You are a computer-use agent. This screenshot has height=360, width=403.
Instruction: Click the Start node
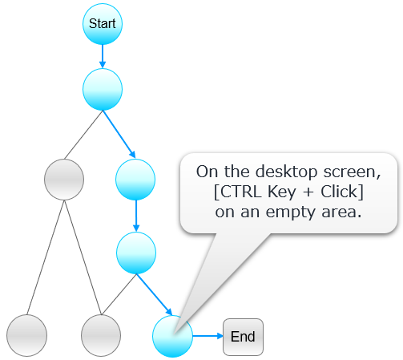coord(103,24)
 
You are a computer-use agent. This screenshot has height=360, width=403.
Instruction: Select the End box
coord(243,336)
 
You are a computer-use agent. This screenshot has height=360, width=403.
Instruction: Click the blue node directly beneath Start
coord(103,90)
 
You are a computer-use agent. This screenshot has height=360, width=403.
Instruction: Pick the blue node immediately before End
coord(172,336)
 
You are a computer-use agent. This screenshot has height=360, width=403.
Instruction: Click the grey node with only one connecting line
coord(26,335)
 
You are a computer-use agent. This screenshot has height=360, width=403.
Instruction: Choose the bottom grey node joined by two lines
coord(102,335)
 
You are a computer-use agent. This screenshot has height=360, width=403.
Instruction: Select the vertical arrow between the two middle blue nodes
coord(135,215)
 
